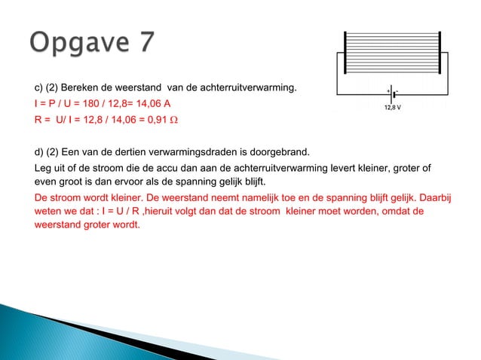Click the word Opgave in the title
(79, 44)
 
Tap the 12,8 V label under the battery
(393, 107)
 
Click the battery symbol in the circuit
(393, 96)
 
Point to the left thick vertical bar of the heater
(345, 55)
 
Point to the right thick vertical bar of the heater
(440, 55)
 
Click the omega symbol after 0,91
(181, 120)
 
